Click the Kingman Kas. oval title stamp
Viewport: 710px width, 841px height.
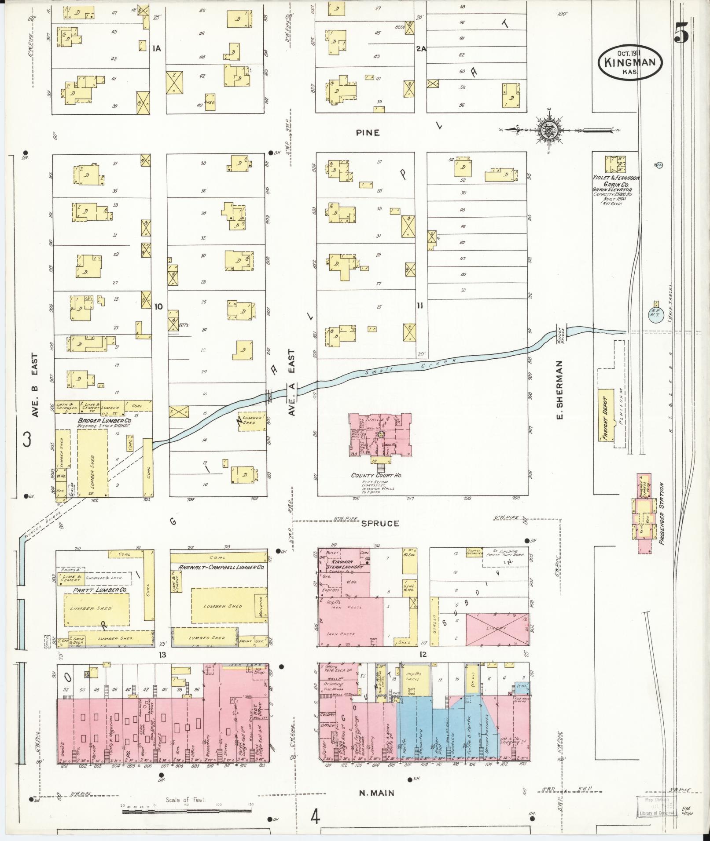pos(630,62)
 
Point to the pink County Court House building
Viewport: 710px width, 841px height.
pos(381,435)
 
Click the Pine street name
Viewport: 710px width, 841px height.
pos(368,132)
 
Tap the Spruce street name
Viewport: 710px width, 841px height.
pos(374,523)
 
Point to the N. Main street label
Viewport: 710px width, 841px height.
pos(376,793)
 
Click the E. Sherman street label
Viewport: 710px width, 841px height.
pos(559,390)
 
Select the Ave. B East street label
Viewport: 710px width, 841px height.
pos(36,386)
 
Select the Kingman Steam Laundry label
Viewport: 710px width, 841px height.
pos(346,564)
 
